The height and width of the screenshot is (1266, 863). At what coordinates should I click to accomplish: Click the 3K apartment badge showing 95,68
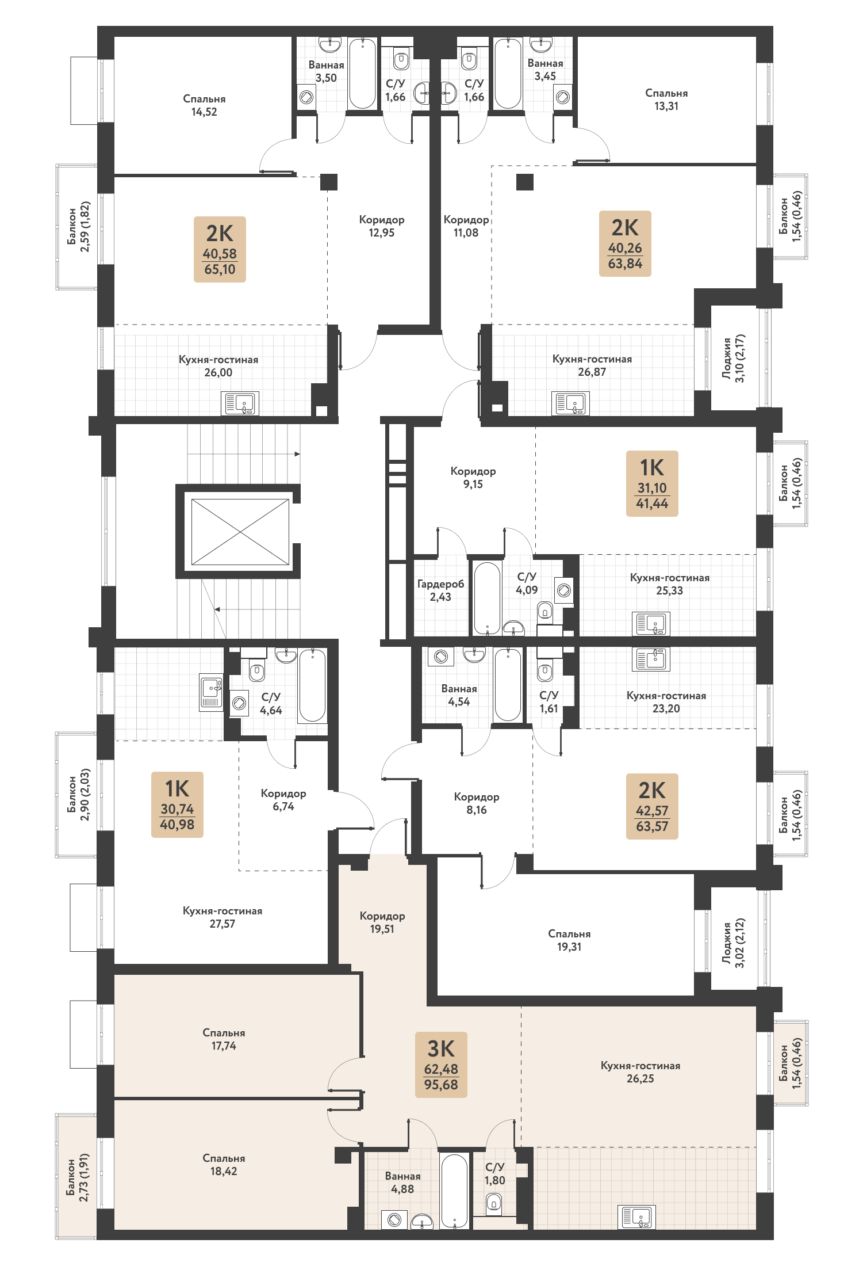coord(441,1065)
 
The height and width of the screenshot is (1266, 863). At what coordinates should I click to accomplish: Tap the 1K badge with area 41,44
coord(652,483)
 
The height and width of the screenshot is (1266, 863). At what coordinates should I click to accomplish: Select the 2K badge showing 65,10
coord(220,249)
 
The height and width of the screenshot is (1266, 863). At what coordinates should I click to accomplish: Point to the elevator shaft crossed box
coord(240,532)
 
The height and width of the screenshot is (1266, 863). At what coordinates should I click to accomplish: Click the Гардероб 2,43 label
coord(440,590)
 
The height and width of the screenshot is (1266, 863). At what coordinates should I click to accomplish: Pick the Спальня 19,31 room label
coord(569,940)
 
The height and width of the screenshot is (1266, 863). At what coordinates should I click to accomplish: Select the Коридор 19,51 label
coord(382,922)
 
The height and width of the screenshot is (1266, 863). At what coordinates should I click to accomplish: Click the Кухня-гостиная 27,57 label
coord(223,917)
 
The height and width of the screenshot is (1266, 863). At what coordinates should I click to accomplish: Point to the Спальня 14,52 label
coord(204,105)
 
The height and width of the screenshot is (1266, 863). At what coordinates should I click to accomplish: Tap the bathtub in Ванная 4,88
coord(454,1191)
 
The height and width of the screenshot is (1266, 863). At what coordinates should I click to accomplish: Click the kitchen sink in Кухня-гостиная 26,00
coord(240,403)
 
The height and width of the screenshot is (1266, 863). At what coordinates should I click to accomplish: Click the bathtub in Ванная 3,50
coord(362,73)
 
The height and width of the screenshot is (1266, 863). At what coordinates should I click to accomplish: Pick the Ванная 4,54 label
coord(459,695)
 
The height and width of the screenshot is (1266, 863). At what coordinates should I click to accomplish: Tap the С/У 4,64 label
coord(271,703)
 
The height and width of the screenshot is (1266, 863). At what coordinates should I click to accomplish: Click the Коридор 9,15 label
coord(473,478)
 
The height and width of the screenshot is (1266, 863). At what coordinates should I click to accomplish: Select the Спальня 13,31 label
coord(666,100)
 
